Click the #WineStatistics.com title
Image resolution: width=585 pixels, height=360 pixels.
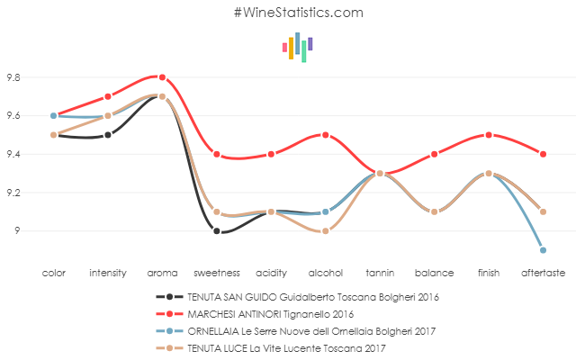tap(298, 13)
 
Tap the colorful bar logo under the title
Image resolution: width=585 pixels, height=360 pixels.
tap(297, 47)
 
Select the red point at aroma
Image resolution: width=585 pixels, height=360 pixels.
tap(162, 77)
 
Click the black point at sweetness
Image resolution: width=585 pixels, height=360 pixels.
tap(217, 231)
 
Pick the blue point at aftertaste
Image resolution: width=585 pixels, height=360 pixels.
tap(544, 250)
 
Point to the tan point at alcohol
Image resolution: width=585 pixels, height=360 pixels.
tap(325, 231)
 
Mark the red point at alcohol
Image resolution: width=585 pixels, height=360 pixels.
tap(325, 135)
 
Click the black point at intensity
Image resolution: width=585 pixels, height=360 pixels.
tap(108, 135)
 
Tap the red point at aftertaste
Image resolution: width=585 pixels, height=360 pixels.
tap(544, 154)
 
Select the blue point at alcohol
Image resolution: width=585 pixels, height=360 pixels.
tap(325, 212)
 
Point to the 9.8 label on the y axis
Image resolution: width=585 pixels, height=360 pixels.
tap(14, 77)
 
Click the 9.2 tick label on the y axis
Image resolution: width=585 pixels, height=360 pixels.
tap(14, 193)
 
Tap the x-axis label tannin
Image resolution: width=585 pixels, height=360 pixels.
tap(380, 272)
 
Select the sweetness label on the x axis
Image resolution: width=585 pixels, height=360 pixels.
tap(216, 272)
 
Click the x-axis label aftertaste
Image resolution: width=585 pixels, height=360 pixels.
tap(543, 272)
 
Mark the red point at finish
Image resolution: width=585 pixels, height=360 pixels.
tap(489, 135)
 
